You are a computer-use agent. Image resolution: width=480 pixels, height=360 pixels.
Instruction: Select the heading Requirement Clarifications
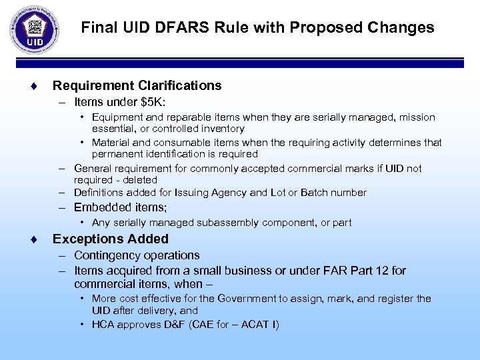pos(137,85)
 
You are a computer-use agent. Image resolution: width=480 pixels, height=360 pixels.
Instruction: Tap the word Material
pos(111,142)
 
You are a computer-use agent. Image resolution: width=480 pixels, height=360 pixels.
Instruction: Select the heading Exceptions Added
pos(110,239)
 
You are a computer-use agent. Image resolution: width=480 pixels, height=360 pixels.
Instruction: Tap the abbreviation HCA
pos(105,325)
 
